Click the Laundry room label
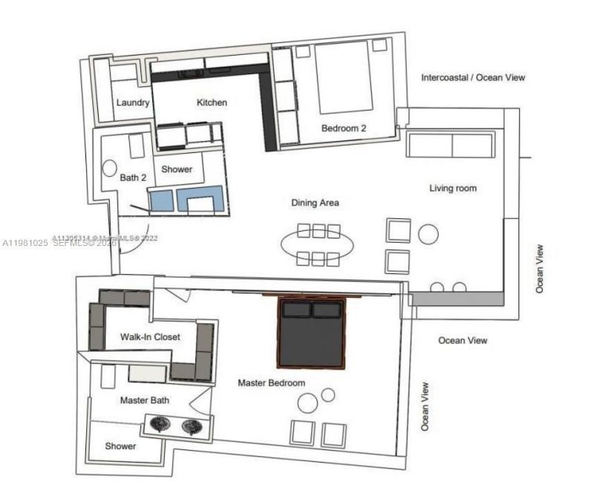coord(133,102)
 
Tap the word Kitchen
coord(212,102)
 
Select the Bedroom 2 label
coord(344,128)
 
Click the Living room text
coord(453,188)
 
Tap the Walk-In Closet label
coord(150,336)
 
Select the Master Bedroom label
coord(272,383)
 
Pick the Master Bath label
coord(144,400)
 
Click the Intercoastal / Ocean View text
coord(474,77)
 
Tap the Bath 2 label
coord(134,178)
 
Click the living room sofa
coord(451,145)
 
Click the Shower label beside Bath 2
coord(177,169)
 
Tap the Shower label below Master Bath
coord(120,446)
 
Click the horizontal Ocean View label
coord(463,340)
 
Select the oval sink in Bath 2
coord(111,169)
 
